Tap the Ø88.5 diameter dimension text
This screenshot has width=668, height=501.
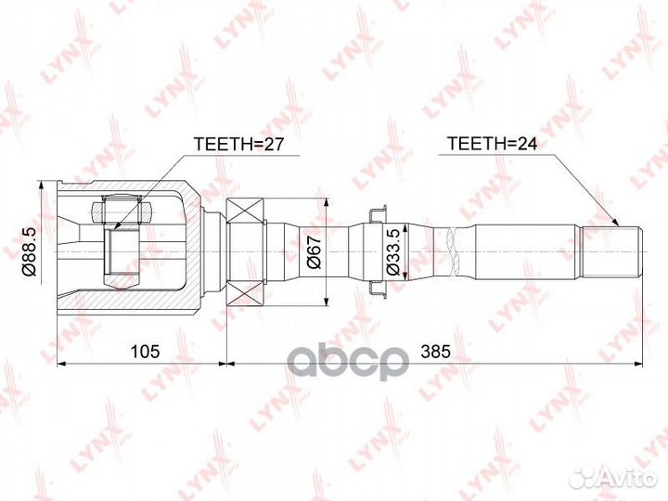point(29,251)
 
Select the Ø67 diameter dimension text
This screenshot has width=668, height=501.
point(314,251)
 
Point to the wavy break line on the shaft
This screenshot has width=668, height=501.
point(452,251)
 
